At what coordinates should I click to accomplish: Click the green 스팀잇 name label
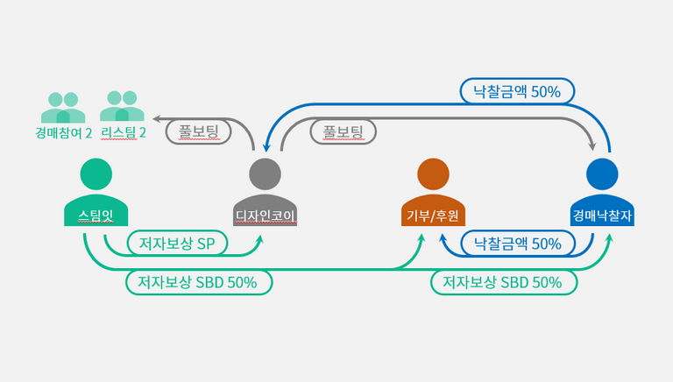[96, 215]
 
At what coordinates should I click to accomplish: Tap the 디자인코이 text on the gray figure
[266, 215]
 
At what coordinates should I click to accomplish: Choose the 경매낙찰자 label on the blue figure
[602, 215]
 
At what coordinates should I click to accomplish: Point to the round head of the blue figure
[602, 174]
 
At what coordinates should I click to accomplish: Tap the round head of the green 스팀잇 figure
[96, 174]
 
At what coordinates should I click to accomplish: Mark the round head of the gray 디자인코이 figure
[266, 174]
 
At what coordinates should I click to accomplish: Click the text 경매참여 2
[64, 133]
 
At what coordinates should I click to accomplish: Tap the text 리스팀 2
[123, 133]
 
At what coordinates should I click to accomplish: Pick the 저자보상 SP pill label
[177, 243]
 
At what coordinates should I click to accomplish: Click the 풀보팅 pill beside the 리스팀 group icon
[197, 131]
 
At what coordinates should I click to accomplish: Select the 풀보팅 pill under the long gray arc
[343, 131]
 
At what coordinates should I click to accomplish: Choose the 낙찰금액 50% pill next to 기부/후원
[517, 243]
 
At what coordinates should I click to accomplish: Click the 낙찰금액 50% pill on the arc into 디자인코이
[518, 90]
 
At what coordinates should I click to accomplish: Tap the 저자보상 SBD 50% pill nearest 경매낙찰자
[503, 282]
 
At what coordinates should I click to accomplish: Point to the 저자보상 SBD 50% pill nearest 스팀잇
[198, 282]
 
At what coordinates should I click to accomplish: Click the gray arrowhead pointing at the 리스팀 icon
[157, 117]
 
